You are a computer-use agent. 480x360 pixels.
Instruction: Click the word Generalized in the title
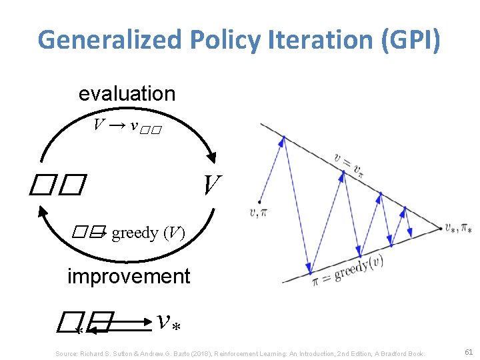pyautogui.click(x=109, y=40)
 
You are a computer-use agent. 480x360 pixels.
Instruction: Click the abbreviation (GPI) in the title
pyautogui.click(x=410, y=40)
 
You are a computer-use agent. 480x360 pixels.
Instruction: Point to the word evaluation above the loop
pyautogui.click(x=127, y=94)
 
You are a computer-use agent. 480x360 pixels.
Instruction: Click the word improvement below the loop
pyautogui.click(x=129, y=276)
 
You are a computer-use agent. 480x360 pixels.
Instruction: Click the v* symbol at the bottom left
pyautogui.click(x=171, y=322)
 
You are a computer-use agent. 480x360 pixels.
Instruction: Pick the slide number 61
pyautogui.click(x=468, y=351)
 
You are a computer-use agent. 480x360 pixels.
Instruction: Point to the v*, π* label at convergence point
pyautogui.click(x=458, y=229)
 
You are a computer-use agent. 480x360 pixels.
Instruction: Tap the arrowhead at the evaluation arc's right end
pyautogui.click(x=213, y=157)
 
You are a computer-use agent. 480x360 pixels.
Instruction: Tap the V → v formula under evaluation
pyautogui.click(x=127, y=125)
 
